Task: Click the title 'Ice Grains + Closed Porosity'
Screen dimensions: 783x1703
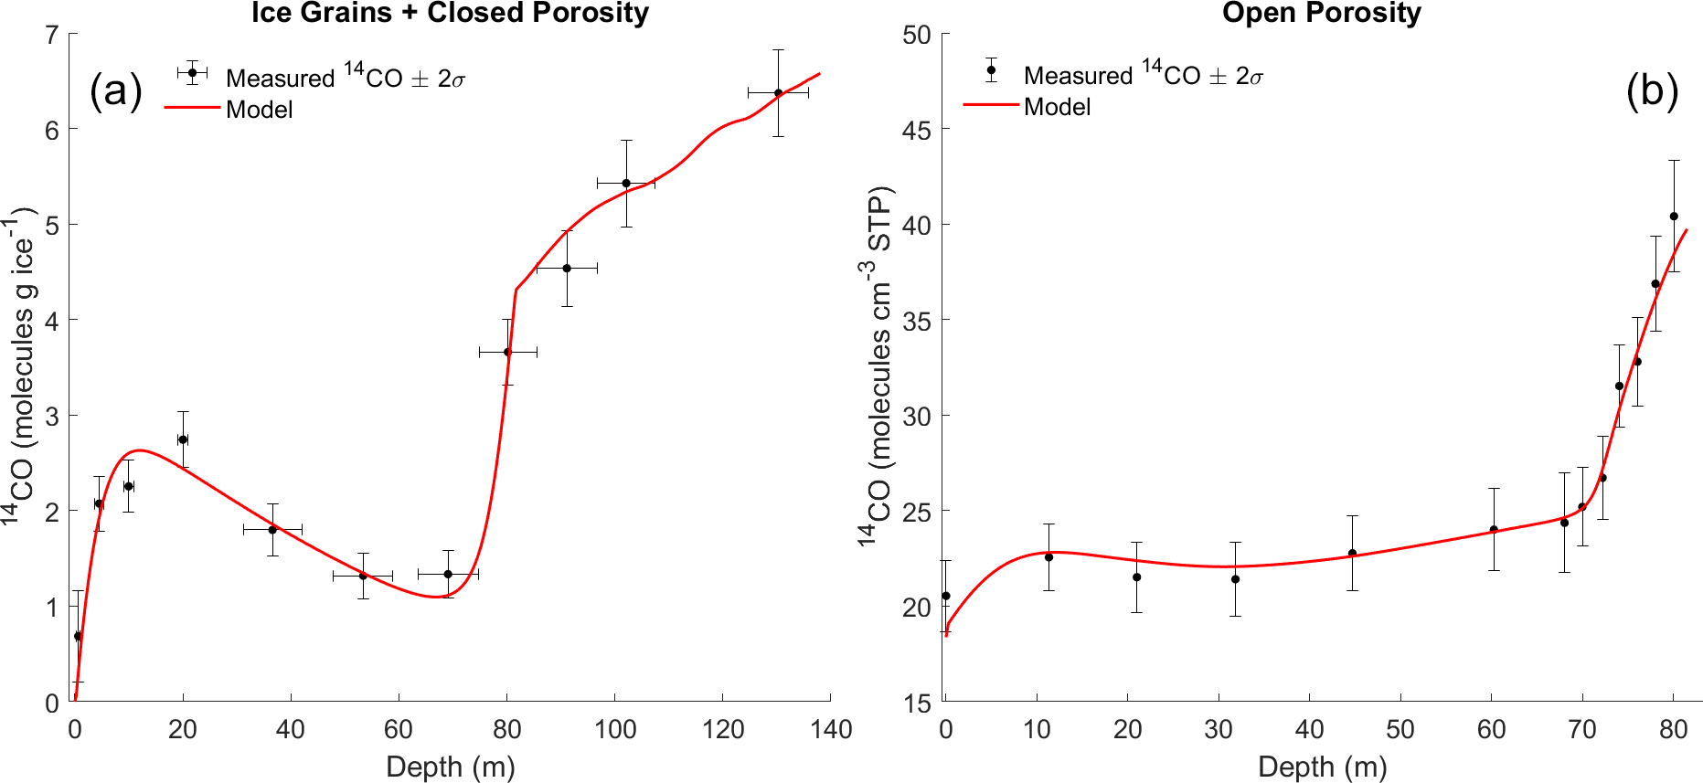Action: point(450,14)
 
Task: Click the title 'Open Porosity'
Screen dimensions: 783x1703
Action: point(1321,14)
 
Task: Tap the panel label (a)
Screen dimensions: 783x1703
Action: point(116,91)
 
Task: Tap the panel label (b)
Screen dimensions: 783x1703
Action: point(1652,91)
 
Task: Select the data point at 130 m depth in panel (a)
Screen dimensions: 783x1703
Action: point(778,93)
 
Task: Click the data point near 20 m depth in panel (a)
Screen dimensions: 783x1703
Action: point(183,439)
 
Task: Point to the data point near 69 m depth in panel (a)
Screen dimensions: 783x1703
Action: point(448,574)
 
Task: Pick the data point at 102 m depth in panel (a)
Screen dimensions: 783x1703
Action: point(626,184)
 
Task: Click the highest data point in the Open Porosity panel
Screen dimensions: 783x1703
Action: point(1674,217)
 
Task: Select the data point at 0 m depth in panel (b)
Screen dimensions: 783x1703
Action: point(946,596)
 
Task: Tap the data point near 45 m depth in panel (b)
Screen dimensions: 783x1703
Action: point(1352,554)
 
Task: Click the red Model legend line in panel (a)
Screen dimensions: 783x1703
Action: point(192,109)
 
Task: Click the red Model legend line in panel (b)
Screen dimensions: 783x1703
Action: point(990,106)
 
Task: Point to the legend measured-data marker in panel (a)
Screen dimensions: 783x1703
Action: point(192,72)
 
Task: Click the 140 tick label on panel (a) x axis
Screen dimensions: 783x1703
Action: point(830,729)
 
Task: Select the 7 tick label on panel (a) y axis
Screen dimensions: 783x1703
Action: point(51,36)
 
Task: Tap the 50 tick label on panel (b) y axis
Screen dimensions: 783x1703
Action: point(916,36)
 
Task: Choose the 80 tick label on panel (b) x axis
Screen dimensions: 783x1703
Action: point(1673,729)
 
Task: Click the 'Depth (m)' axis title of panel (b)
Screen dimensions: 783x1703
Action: point(1322,767)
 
